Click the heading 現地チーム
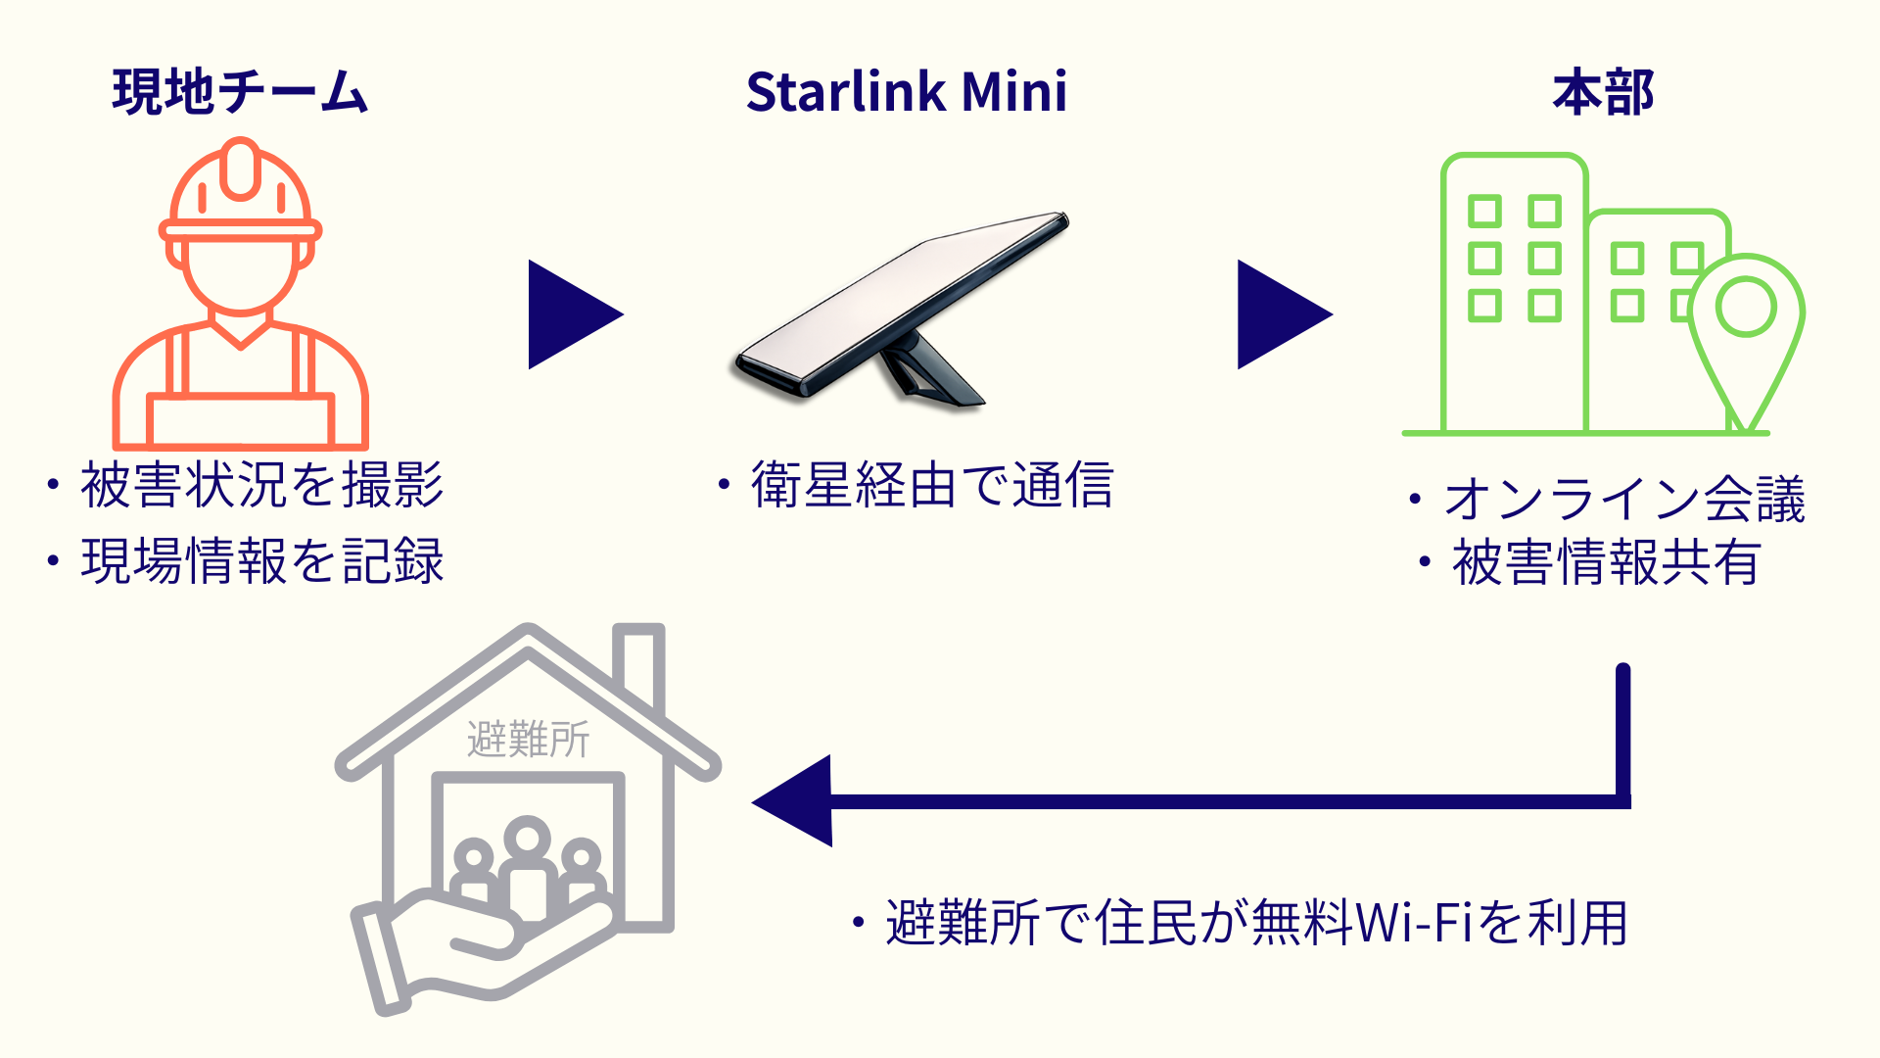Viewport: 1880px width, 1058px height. [x=240, y=93]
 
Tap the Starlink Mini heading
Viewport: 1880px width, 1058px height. [x=906, y=93]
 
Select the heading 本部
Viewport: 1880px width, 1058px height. [x=1603, y=93]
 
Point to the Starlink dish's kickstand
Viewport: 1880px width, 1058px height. [x=925, y=372]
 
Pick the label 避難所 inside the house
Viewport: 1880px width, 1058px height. [x=528, y=740]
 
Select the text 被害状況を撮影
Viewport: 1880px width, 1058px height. [x=261, y=485]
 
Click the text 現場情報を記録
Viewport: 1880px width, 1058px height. [x=261, y=561]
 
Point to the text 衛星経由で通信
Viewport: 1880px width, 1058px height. [x=932, y=485]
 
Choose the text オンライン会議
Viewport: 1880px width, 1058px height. [x=1623, y=500]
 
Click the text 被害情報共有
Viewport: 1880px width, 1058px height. [x=1606, y=563]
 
